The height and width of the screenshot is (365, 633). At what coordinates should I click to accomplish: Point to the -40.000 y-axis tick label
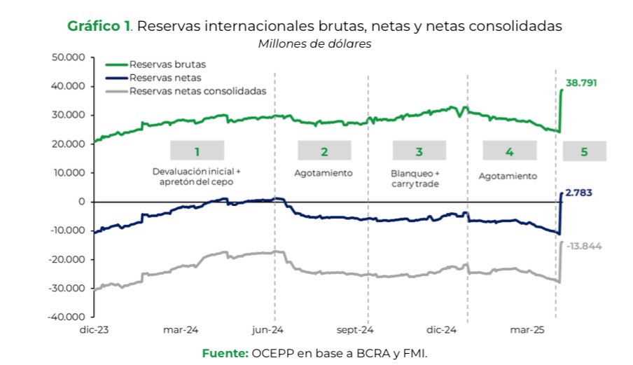click(x=67, y=317)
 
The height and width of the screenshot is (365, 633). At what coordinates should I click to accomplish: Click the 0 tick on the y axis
click(x=82, y=202)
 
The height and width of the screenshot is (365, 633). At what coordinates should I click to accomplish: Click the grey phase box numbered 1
click(x=197, y=151)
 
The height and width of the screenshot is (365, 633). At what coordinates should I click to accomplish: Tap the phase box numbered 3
click(x=419, y=151)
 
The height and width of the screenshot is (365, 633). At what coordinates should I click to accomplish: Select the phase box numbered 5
click(x=584, y=151)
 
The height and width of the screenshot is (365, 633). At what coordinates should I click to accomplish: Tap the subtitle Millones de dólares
click(x=314, y=43)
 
